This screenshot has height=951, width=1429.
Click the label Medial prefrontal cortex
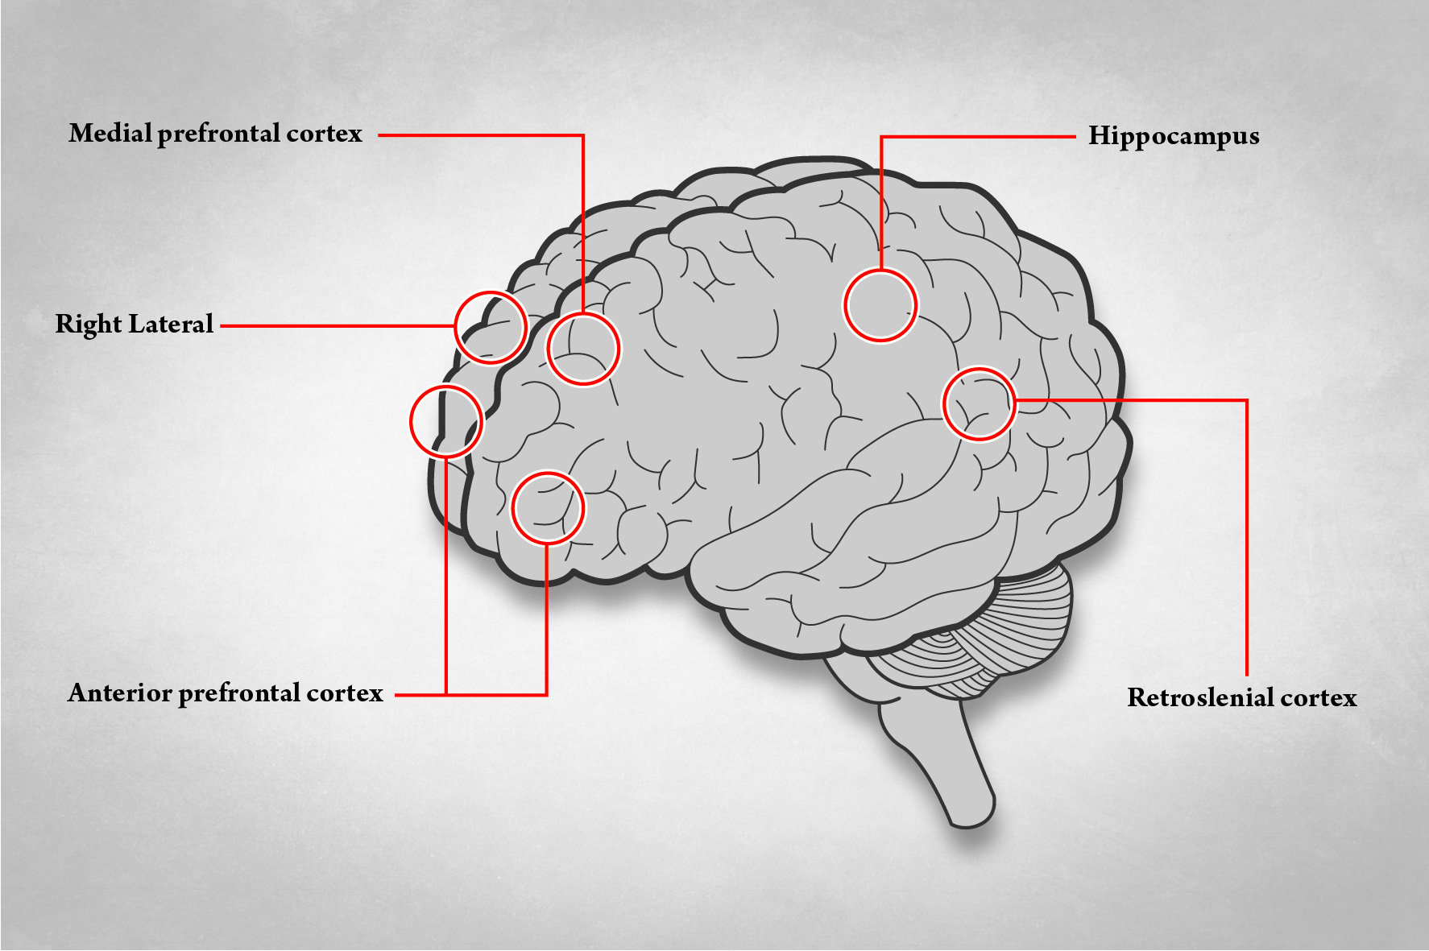click(x=215, y=134)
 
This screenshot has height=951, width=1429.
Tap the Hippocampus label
click(x=1174, y=137)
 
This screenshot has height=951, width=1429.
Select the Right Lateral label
click(x=134, y=325)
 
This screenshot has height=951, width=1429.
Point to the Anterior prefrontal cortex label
click(x=225, y=693)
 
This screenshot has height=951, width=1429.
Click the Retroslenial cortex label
click(x=1241, y=697)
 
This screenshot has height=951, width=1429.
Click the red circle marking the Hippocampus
click(x=880, y=306)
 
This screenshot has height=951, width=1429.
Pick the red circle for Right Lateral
click(x=491, y=327)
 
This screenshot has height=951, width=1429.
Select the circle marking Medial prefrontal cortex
click(x=583, y=349)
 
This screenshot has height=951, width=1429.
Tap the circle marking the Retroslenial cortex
click(x=980, y=404)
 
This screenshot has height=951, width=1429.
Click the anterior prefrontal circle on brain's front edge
click(x=446, y=421)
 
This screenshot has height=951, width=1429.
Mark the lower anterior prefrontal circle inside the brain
click(x=548, y=508)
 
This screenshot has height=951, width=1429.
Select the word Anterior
click(x=119, y=693)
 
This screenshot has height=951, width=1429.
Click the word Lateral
click(x=172, y=325)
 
